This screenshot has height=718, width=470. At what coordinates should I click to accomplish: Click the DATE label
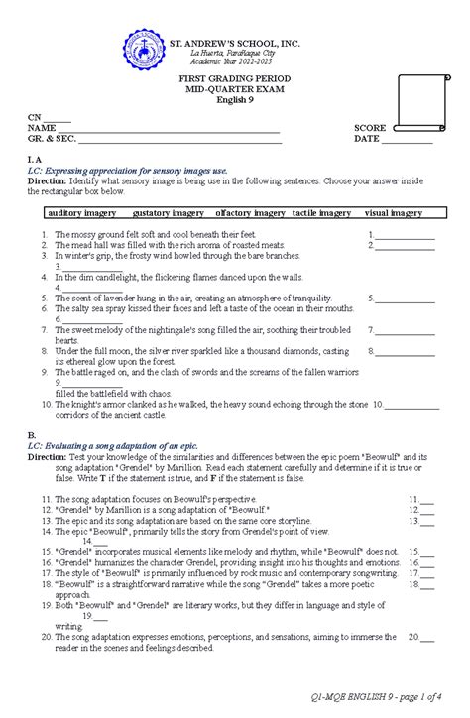(x=367, y=140)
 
